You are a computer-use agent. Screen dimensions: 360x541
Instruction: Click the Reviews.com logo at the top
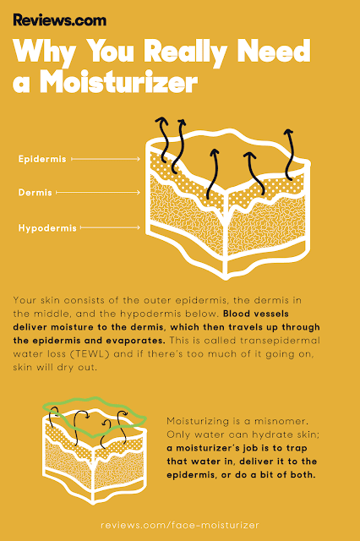coord(60,20)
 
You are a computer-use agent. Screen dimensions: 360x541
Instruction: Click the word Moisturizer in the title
coord(118,82)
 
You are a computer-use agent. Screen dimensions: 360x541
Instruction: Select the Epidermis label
coord(42,159)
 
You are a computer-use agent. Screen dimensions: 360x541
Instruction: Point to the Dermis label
coord(35,192)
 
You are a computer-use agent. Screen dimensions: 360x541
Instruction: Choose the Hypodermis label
coord(47,227)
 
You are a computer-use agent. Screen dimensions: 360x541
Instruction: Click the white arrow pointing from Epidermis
coord(106,159)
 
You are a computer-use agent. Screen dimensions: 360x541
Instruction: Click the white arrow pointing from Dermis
coord(98,192)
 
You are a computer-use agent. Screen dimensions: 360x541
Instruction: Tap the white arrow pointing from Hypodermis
coord(110,227)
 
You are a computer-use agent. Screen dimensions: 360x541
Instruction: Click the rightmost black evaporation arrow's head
coord(288,132)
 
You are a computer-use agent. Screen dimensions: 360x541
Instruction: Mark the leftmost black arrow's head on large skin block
coord(161,120)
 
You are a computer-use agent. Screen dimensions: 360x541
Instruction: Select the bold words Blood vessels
coord(256,314)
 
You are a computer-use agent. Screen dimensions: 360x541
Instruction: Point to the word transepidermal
coord(280,341)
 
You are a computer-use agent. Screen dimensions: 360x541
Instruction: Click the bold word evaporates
coord(135,341)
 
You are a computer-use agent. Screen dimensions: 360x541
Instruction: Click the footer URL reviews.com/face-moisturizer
coord(180,525)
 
